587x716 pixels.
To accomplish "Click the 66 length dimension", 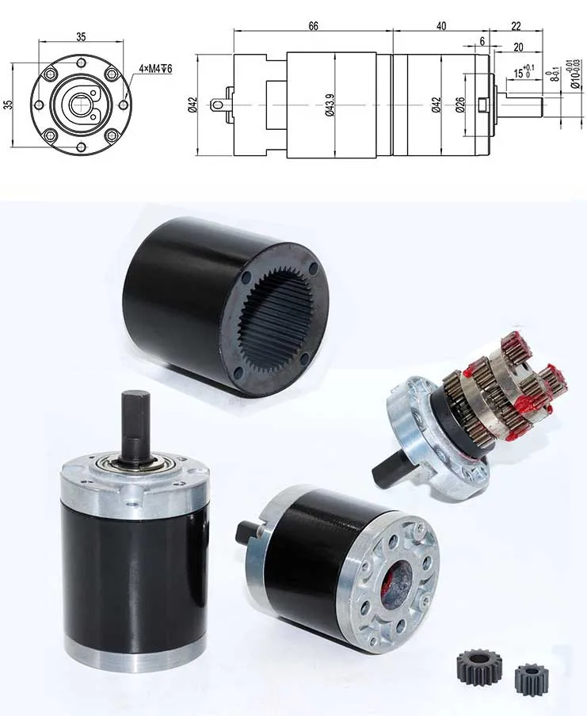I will click(313, 26).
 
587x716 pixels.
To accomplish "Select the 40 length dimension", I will click(441, 26).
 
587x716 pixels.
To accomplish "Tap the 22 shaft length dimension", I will click(516, 26).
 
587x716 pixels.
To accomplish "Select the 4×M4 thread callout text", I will click(155, 69).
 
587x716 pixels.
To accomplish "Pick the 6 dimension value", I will click(481, 42).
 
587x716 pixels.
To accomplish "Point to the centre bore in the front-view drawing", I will click(78, 103).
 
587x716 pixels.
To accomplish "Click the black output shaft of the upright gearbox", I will click(132, 424).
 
